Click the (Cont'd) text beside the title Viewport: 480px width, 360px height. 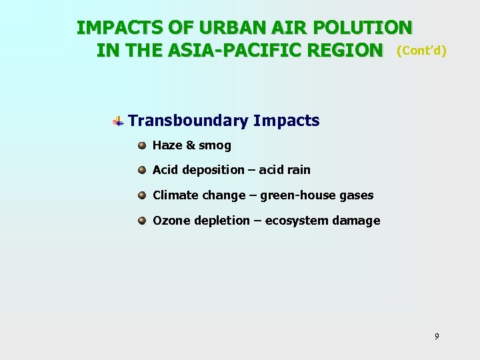click(421, 51)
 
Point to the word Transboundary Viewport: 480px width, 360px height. click(188, 121)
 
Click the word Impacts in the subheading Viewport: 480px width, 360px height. click(286, 121)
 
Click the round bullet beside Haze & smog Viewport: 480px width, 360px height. click(142, 145)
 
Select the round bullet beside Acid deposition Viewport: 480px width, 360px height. click(142, 170)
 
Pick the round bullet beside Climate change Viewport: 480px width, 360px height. click(142, 195)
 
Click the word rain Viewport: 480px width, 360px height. click(298, 170)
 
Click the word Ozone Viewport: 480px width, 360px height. click(171, 221)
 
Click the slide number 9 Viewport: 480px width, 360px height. click(437, 337)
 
